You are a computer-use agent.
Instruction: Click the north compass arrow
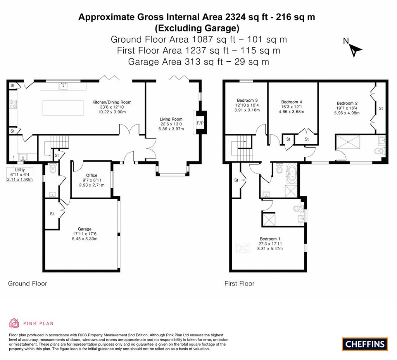click(355, 49)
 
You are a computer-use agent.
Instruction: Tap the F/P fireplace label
click(200, 123)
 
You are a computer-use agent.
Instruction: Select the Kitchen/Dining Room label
click(112, 102)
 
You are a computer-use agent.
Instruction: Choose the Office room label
click(91, 175)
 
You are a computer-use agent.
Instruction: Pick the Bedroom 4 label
click(291, 102)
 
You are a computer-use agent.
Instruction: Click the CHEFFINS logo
click(364, 344)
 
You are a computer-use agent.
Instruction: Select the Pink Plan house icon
click(14, 323)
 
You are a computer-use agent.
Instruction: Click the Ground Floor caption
click(28, 284)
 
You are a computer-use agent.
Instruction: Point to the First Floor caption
click(239, 284)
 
